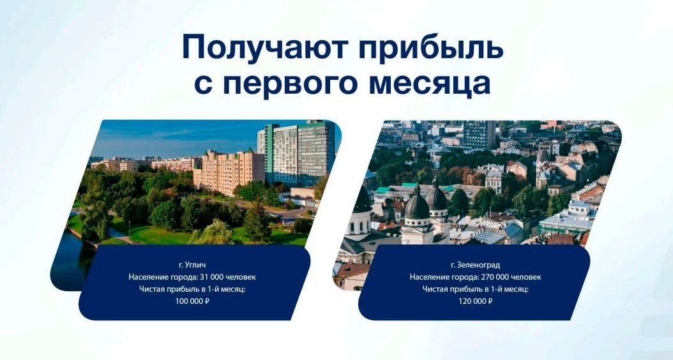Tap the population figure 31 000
[x=208, y=277]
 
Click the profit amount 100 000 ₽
[x=192, y=301]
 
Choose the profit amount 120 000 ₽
[x=475, y=301]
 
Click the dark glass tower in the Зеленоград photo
[x=479, y=134]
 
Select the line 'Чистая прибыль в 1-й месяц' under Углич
[x=192, y=289]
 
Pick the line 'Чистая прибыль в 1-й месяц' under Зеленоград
[x=475, y=289]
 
